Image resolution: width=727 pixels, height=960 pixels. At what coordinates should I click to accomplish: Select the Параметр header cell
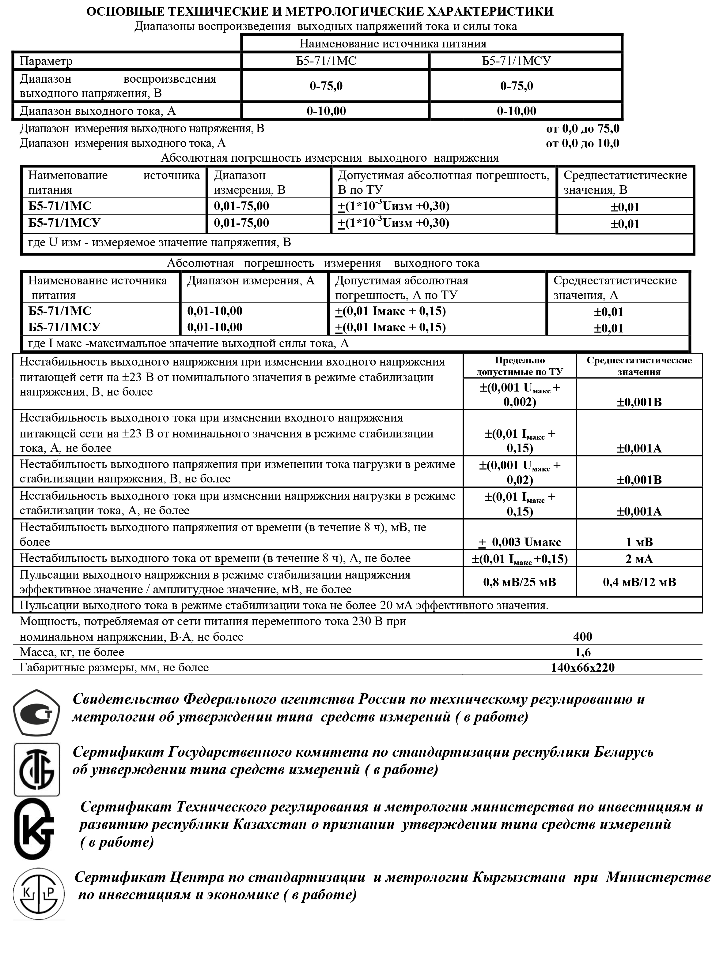coord(46,61)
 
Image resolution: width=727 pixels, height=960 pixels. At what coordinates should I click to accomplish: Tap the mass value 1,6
coord(582,652)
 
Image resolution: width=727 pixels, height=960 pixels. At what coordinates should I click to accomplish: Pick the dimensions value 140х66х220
coord(582,667)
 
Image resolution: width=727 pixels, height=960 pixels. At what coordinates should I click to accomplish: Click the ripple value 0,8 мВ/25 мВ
coord(519,582)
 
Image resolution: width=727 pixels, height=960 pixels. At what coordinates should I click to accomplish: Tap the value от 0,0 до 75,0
coord(582,129)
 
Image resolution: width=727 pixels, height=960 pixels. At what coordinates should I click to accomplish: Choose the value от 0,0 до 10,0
coord(582,143)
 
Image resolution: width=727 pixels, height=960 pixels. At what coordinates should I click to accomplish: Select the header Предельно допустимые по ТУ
coord(519,366)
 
